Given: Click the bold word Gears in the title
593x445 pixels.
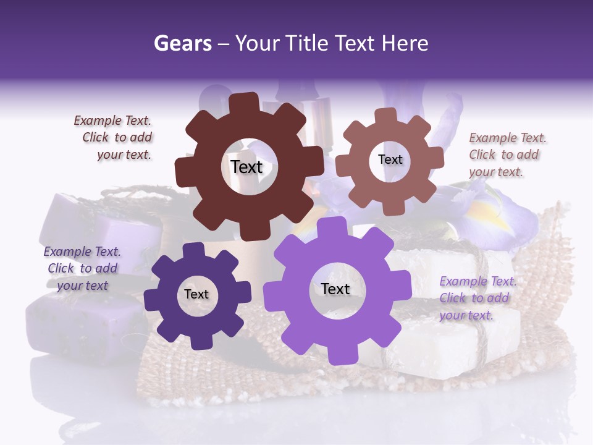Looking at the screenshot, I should point(182,43).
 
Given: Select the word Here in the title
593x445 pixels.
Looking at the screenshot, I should point(405,43).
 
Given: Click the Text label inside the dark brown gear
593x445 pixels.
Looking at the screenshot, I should point(246,167).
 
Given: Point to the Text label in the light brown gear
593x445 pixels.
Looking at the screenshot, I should point(390,159).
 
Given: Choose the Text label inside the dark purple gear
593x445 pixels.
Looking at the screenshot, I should point(196,294).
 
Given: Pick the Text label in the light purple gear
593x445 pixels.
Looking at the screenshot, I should point(335,289).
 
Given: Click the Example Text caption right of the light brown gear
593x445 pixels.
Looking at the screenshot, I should point(507,155).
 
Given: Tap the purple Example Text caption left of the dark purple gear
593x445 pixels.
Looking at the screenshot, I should point(82,268).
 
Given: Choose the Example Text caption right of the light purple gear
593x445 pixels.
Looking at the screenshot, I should point(477,298).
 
